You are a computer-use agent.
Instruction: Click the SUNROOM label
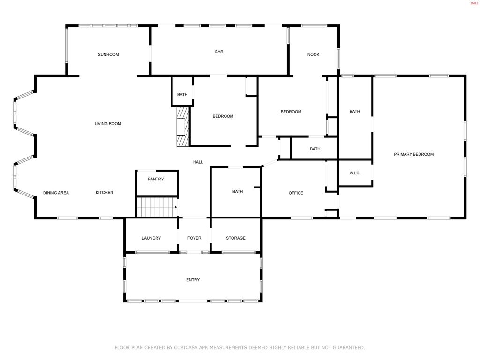coord(108,54)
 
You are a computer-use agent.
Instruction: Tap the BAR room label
coord(219,52)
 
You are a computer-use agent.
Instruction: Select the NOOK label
coord(313,54)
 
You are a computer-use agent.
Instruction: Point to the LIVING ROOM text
coord(108,124)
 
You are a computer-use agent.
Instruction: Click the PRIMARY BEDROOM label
coord(413,154)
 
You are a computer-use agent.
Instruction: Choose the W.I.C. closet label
coord(355,173)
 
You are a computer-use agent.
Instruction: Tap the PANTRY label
coord(156,179)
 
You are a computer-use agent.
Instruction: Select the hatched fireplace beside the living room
coord(183,127)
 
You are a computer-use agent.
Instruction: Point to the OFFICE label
coord(296,193)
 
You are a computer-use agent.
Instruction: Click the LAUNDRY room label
coord(151,238)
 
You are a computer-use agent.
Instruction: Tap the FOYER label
coord(195,238)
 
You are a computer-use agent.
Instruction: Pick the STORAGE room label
coord(236,238)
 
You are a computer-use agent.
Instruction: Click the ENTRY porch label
coord(193,280)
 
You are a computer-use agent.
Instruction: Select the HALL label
coord(198,162)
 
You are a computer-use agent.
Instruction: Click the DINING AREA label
coord(56,193)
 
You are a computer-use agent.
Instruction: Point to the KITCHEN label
coord(105,193)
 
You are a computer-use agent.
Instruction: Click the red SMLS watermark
coord(474,3)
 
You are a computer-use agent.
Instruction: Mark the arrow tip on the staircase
coord(177,207)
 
